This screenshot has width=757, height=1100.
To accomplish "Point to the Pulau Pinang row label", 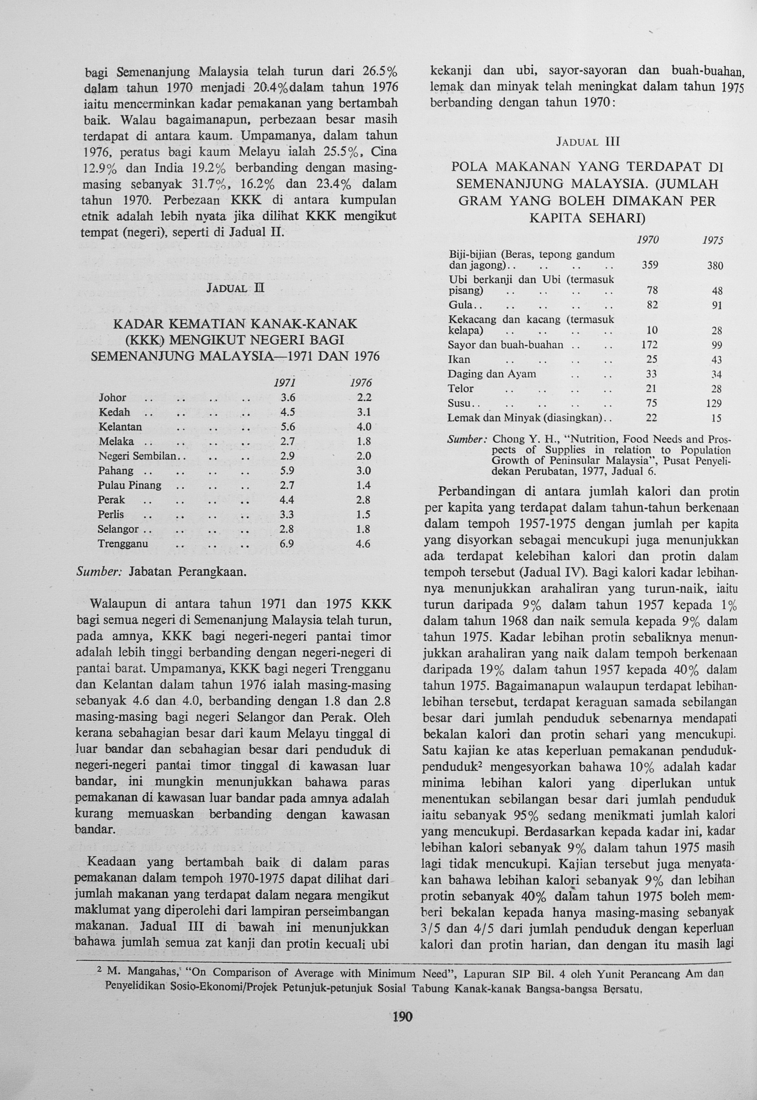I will tap(129, 486).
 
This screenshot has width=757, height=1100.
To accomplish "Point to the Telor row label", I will tap(461, 389).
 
